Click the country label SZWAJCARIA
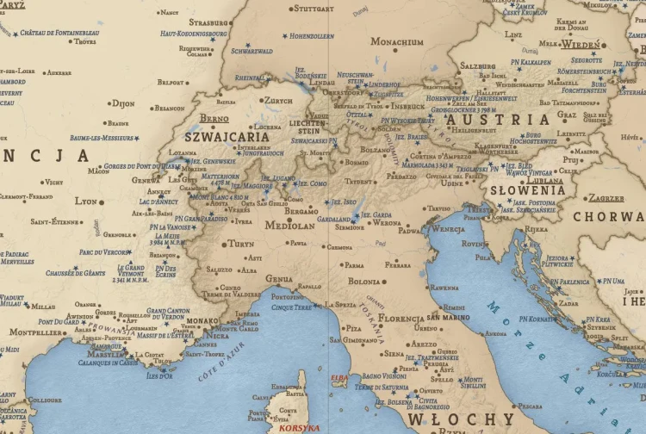[x=227, y=136]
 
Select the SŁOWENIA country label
[x=527, y=190]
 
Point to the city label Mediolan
[x=290, y=226]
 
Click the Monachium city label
[x=397, y=41]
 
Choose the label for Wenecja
[x=447, y=229]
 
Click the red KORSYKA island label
[x=297, y=427]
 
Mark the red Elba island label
[x=339, y=377]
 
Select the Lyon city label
[x=86, y=201]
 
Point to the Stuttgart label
[x=314, y=9]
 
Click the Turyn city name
[x=241, y=244]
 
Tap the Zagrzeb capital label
[x=606, y=198]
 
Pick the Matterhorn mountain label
[x=221, y=177]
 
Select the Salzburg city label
[x=478, y=65]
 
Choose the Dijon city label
[x=123, y=102]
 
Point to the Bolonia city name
[x=364, y=282]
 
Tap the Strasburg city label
[x=208, y=22]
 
